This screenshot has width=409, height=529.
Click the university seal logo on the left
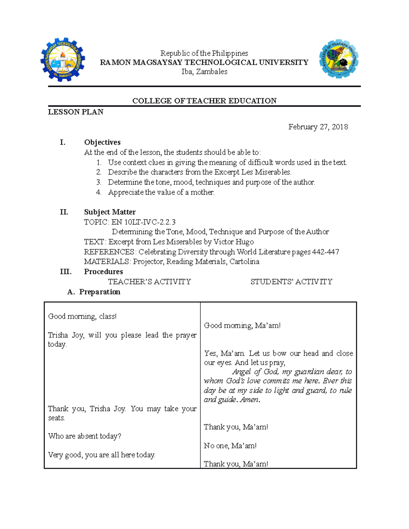62,59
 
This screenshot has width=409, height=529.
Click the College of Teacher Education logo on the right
338,59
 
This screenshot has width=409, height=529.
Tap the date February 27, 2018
318,127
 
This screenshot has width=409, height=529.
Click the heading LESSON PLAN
75,112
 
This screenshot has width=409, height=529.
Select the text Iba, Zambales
204,72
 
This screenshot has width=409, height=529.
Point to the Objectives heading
102,142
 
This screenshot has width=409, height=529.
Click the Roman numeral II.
64,212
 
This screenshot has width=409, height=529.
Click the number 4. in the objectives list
99,192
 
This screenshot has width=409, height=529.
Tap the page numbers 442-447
325,252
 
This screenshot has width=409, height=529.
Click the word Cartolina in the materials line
244,262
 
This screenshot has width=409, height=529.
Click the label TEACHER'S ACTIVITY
149,282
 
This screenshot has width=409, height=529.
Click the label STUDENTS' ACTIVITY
291,282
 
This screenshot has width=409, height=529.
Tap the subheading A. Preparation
94,292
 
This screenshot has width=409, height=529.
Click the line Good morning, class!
82,316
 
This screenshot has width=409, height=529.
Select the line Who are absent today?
85,436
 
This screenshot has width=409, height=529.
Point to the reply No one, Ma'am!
230,446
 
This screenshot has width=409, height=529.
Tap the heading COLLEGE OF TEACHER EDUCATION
204,101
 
